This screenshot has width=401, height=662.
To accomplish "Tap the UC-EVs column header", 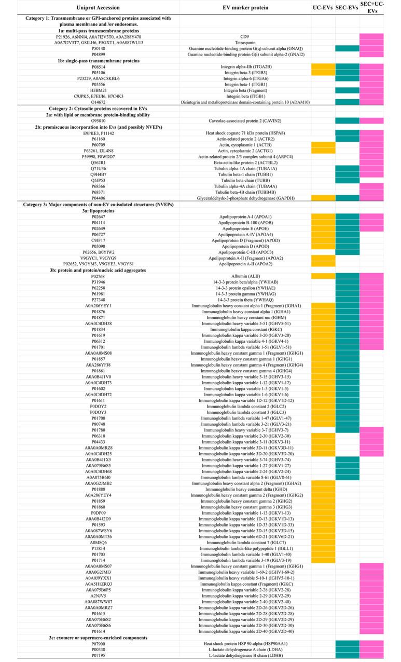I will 323,7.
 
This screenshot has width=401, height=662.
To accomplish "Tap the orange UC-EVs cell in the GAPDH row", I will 323,198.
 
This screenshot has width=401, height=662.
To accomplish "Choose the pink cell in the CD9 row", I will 371,36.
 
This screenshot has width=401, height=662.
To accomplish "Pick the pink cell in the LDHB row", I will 371,656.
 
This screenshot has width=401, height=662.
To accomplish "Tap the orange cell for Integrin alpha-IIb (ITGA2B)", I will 323,66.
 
